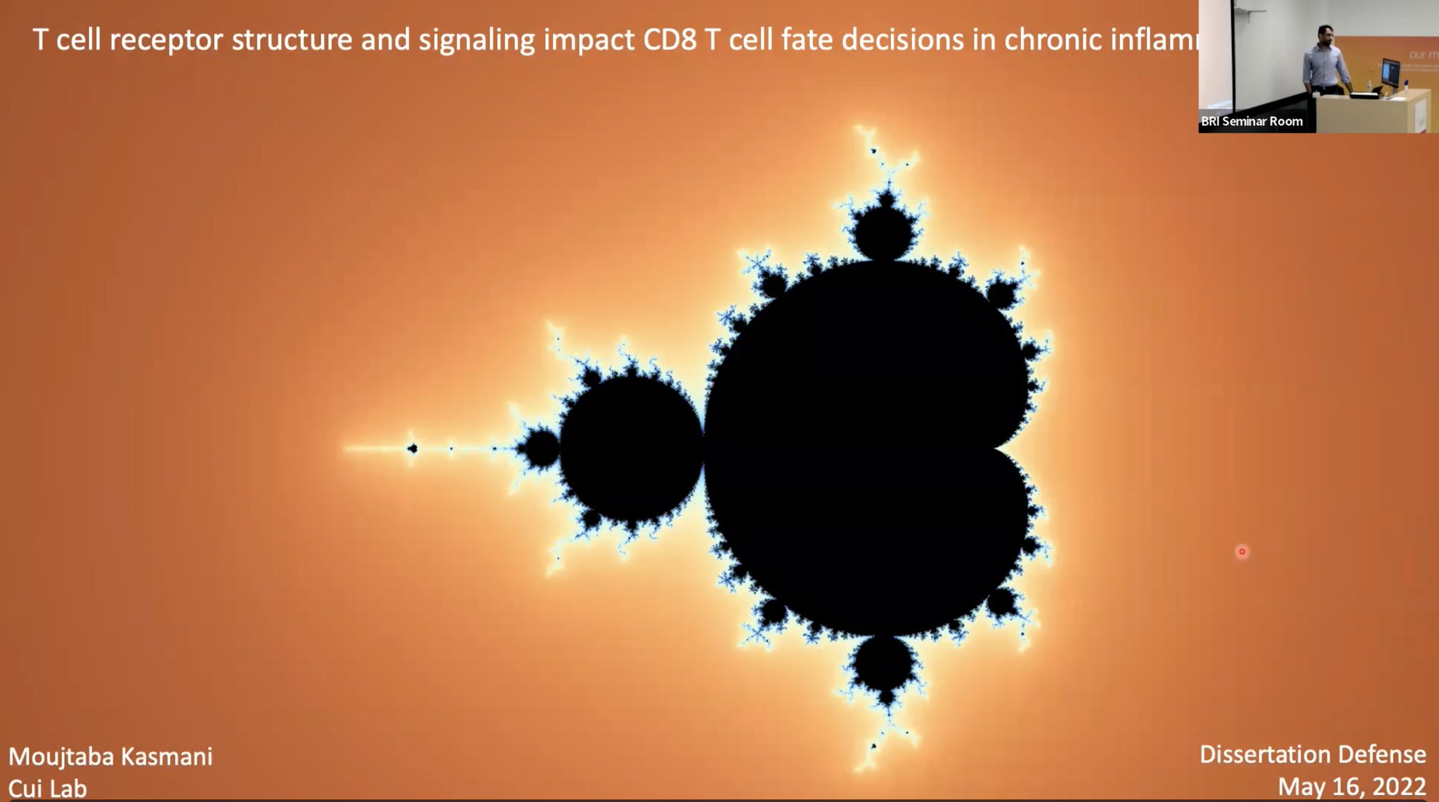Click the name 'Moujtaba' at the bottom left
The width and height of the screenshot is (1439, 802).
point(61,757)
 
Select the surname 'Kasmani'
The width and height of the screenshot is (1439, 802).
point(167,757)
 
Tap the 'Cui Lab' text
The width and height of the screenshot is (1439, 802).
point(48,789)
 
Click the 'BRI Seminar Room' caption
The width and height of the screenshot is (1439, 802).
point(1251,122)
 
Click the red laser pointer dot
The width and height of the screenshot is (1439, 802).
point(1242,552)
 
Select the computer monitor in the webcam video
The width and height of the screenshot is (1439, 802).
point(1390,72)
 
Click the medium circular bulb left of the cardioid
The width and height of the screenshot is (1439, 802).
point(631,448)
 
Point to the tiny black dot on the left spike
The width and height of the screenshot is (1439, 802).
point(412,448)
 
